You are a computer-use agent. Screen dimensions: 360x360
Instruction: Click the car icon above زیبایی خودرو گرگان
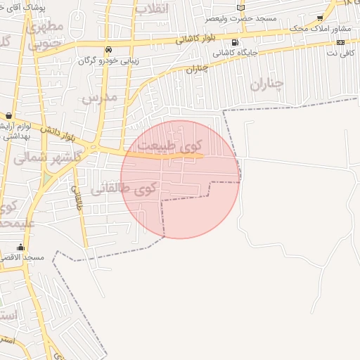[x=108, y=51]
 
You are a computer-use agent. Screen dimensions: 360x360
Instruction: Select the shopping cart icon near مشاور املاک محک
[x=320, y=18]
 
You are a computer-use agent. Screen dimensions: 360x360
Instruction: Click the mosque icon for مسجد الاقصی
[x=20, y=247]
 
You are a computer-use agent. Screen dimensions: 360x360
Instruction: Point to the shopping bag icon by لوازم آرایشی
[x=8, y=115]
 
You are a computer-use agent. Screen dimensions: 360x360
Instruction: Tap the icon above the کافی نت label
[x=340, y=42]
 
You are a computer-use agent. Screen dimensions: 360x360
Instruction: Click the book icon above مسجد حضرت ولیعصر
[x=241, y=8]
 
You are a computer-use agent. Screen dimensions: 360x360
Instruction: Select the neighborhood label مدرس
[x=98, y=97]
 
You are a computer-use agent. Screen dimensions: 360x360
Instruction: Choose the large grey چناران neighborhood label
[x=266, y=84]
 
